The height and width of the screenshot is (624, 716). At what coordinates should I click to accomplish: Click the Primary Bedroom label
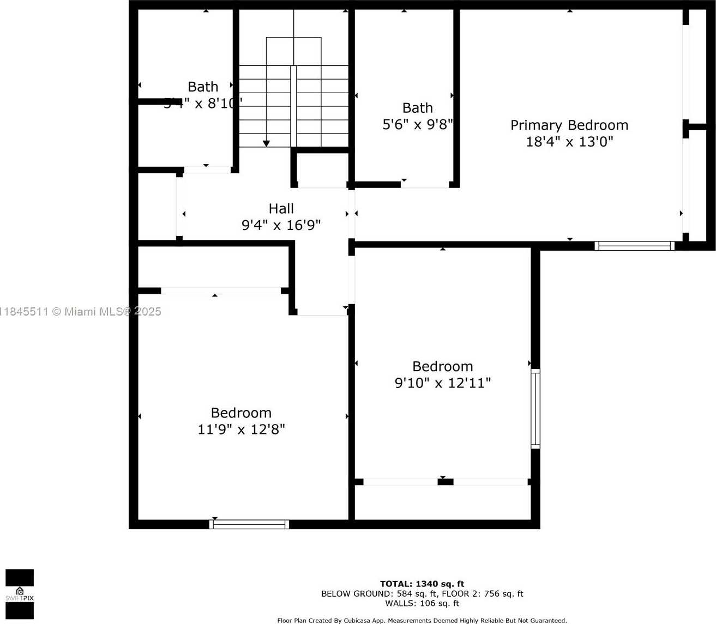[x=569, y=125]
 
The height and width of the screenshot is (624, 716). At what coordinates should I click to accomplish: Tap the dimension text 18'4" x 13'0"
[x=569, y=142]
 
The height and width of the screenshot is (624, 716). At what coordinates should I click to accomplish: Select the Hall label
[x=281, y=209]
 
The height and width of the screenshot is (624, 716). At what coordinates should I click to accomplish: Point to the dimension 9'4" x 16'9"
[x=281, y=225]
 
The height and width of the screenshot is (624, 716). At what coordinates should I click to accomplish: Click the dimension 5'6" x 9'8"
[x=417, y=125]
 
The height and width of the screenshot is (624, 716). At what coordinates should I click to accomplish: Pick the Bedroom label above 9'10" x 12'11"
[x=442, y=366]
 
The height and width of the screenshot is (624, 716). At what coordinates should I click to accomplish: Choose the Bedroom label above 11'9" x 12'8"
[x=241, y=413]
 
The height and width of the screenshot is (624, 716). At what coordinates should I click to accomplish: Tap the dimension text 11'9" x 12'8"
[x=241, y=429]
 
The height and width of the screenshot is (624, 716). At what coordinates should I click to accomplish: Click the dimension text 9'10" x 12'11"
[x=442, y=383]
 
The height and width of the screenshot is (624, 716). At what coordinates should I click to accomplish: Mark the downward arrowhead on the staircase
[x=266, y=143]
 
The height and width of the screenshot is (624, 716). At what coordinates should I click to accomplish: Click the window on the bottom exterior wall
[x=249, y=524]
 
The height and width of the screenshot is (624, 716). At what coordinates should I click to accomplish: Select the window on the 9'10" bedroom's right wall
[x=536, y=409]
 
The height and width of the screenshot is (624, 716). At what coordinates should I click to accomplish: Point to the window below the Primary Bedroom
[x=634, y=246]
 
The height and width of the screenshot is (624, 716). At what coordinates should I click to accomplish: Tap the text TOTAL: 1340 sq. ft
[x=422, y=584]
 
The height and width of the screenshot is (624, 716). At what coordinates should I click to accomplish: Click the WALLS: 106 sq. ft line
[x=422, y=603]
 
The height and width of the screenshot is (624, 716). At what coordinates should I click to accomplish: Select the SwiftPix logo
[x=20, y=594]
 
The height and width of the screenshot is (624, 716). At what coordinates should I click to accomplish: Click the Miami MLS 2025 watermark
[x=81, y=312]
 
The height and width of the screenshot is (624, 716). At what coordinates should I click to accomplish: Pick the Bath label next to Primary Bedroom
[x=417, y=108]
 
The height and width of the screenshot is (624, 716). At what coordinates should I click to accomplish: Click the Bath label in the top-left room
[x=203, y=87]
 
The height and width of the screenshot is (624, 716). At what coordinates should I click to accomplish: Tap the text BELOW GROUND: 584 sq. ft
[x=379, y=593]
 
